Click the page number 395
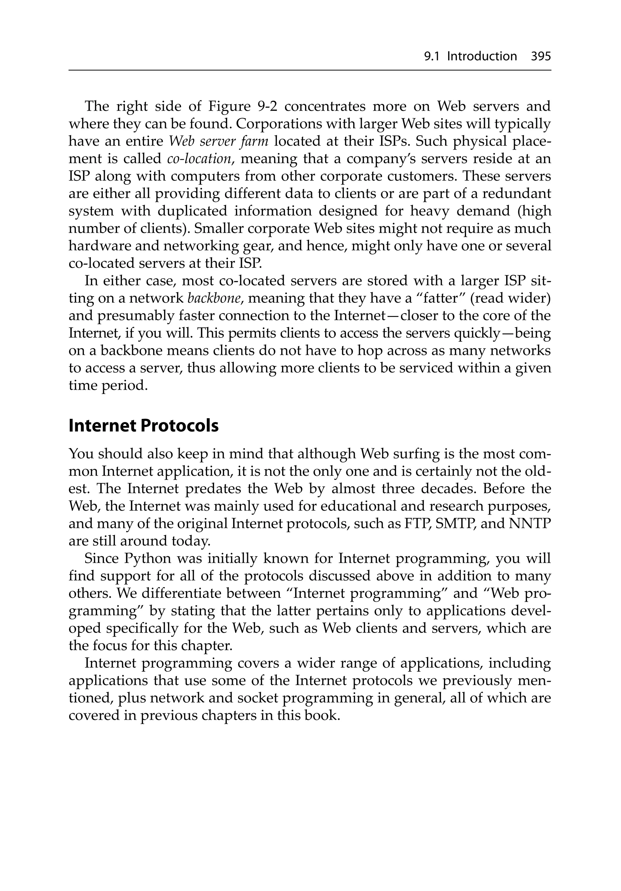pyautogui.click(x=541, y=57)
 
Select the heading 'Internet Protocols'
pyautogui.click(x=144, y=426)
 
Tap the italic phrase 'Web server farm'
pyautogui.click(x=219, y=141)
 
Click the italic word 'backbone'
pyautogui.click(x=210, y=298)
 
